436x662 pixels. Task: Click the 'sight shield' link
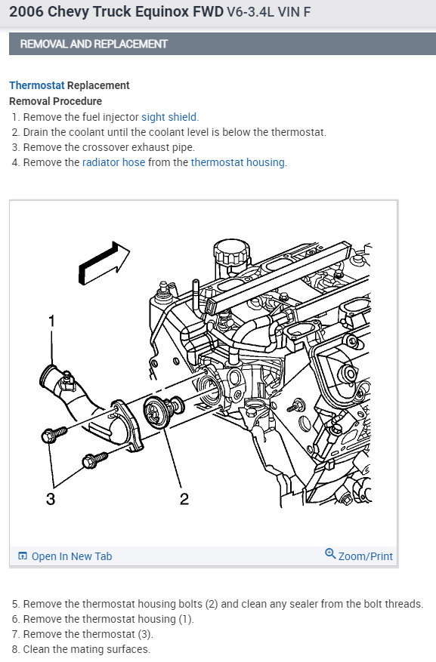point(169,117)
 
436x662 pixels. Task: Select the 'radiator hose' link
point(113,162)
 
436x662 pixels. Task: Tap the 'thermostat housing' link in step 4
point(238,162)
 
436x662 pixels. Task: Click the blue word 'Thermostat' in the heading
point(37,85)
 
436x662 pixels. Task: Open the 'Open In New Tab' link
point(71,556)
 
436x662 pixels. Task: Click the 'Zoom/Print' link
point(366,556)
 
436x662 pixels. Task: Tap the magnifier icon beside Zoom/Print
point(330,553)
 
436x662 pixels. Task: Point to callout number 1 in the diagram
point(51,322)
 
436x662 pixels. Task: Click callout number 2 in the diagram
point(184,499)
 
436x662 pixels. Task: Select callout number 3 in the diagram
point(51,499)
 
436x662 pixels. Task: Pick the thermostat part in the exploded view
point(162,411)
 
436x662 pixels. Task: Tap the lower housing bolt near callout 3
point(94,460)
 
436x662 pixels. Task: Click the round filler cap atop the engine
point(231,252)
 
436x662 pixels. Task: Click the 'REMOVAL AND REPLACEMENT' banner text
point(94,44)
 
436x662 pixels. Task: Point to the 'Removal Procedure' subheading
point(55,101)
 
